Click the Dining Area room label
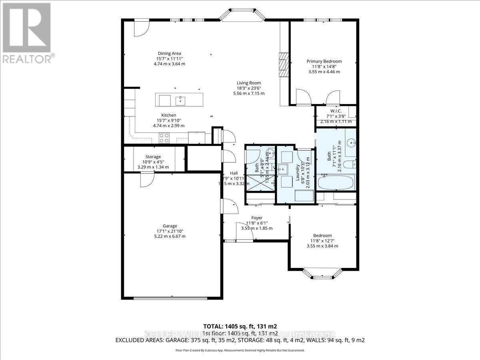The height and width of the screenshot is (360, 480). pos(169,53)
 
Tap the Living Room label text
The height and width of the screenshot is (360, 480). pos(248,83)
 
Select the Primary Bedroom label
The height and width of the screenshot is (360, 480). pos(324,61)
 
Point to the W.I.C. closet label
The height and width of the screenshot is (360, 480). pos(335,111)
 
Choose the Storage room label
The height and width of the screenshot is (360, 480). pos(153,156)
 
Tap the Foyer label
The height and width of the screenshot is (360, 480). pos(256,218)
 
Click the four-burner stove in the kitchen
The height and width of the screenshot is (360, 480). pos(164,138)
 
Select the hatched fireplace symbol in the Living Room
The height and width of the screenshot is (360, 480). pos(284,64)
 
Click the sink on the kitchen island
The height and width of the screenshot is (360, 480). pos(180,100)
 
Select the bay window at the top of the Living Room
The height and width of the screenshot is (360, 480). pos(242,15)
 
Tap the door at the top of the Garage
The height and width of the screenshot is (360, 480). pos(146,180)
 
